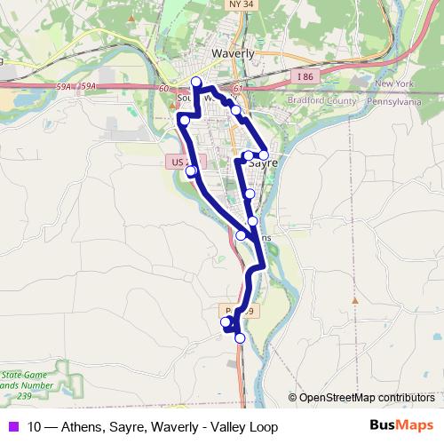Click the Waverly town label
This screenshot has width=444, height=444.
pyautogui.click(x=234, y=53)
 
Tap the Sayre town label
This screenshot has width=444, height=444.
pyautogui.click(x=265, y=164)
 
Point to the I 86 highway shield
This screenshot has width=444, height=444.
pyautogui.click(x=304, y=77)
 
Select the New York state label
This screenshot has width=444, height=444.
pyautogui.click(x=394, y=83)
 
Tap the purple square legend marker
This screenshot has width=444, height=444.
pyautogui.click(x=14, y=427)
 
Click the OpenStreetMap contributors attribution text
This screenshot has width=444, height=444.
pyautogui.click(x=366, y=398)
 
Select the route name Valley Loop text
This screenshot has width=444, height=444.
pyautogui.click(x=245, y=427)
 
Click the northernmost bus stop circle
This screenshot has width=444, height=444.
pyautogui.click(x=196, y=83)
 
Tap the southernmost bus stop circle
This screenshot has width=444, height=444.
pyautogui.click(x=239, y=337)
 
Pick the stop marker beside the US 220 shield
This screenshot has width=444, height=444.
pyautogui.click(x=191, y=170)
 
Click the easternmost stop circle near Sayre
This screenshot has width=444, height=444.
pyautogui.click(x=264, y=155)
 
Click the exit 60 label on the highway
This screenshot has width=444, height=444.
pyautogui.click(x=164, y=89)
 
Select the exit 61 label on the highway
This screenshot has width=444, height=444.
pyautogui.click(x=237, y=90)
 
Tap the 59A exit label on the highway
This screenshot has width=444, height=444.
pyautogui.click(x=86, y=86)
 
